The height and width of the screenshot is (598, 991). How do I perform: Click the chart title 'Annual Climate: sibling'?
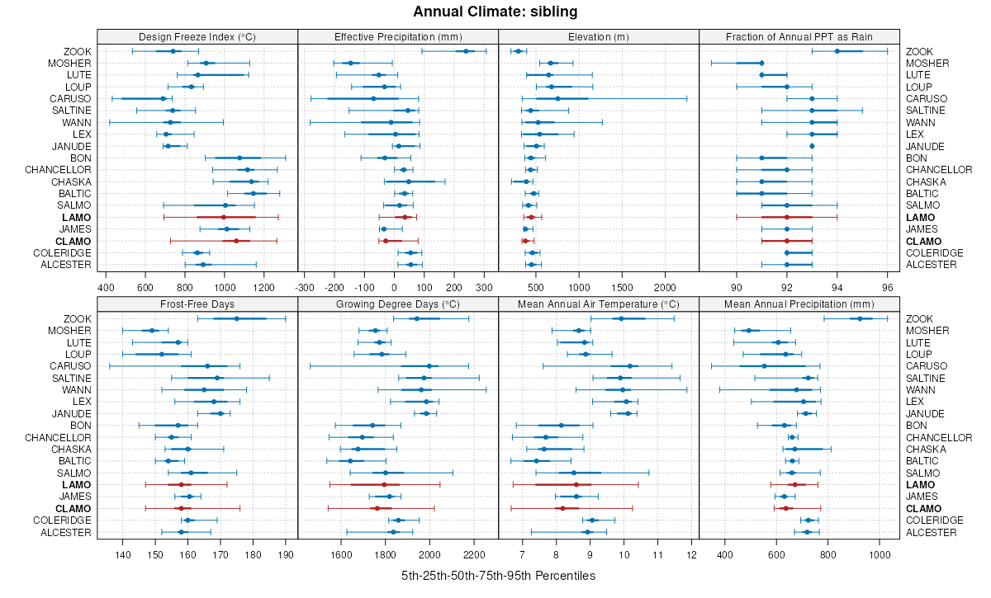coord(495,12)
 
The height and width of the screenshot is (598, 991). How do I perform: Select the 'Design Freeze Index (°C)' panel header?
coord(197,36)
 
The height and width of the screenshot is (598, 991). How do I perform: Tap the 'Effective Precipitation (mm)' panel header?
coord(398,36)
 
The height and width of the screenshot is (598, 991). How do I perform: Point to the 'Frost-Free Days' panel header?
coord(197,304)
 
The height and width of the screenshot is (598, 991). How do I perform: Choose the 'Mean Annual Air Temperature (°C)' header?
coord(599,304)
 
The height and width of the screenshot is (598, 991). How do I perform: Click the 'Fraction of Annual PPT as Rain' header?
coord(799,36)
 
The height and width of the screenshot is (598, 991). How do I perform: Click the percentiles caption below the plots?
coord(498,575)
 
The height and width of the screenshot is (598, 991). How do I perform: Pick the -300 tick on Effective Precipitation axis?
coord(304,288)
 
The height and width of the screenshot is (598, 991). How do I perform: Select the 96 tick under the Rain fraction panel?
coord(888,288)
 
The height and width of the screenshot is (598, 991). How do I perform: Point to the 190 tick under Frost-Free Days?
coord(286,555)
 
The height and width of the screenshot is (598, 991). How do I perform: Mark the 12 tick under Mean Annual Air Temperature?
coord(691,555)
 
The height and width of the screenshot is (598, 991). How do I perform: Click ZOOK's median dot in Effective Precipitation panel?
coord(466,51)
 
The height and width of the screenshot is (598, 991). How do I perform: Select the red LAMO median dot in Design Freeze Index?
coord(223,217)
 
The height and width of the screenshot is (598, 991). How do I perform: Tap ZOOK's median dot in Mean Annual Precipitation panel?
coord(860,318)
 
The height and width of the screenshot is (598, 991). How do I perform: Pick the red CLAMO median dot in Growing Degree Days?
coord(377,508)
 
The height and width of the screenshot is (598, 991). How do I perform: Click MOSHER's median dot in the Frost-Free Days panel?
coord(152,331)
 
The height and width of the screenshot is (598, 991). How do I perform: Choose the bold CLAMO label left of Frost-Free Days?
coord(73,508)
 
